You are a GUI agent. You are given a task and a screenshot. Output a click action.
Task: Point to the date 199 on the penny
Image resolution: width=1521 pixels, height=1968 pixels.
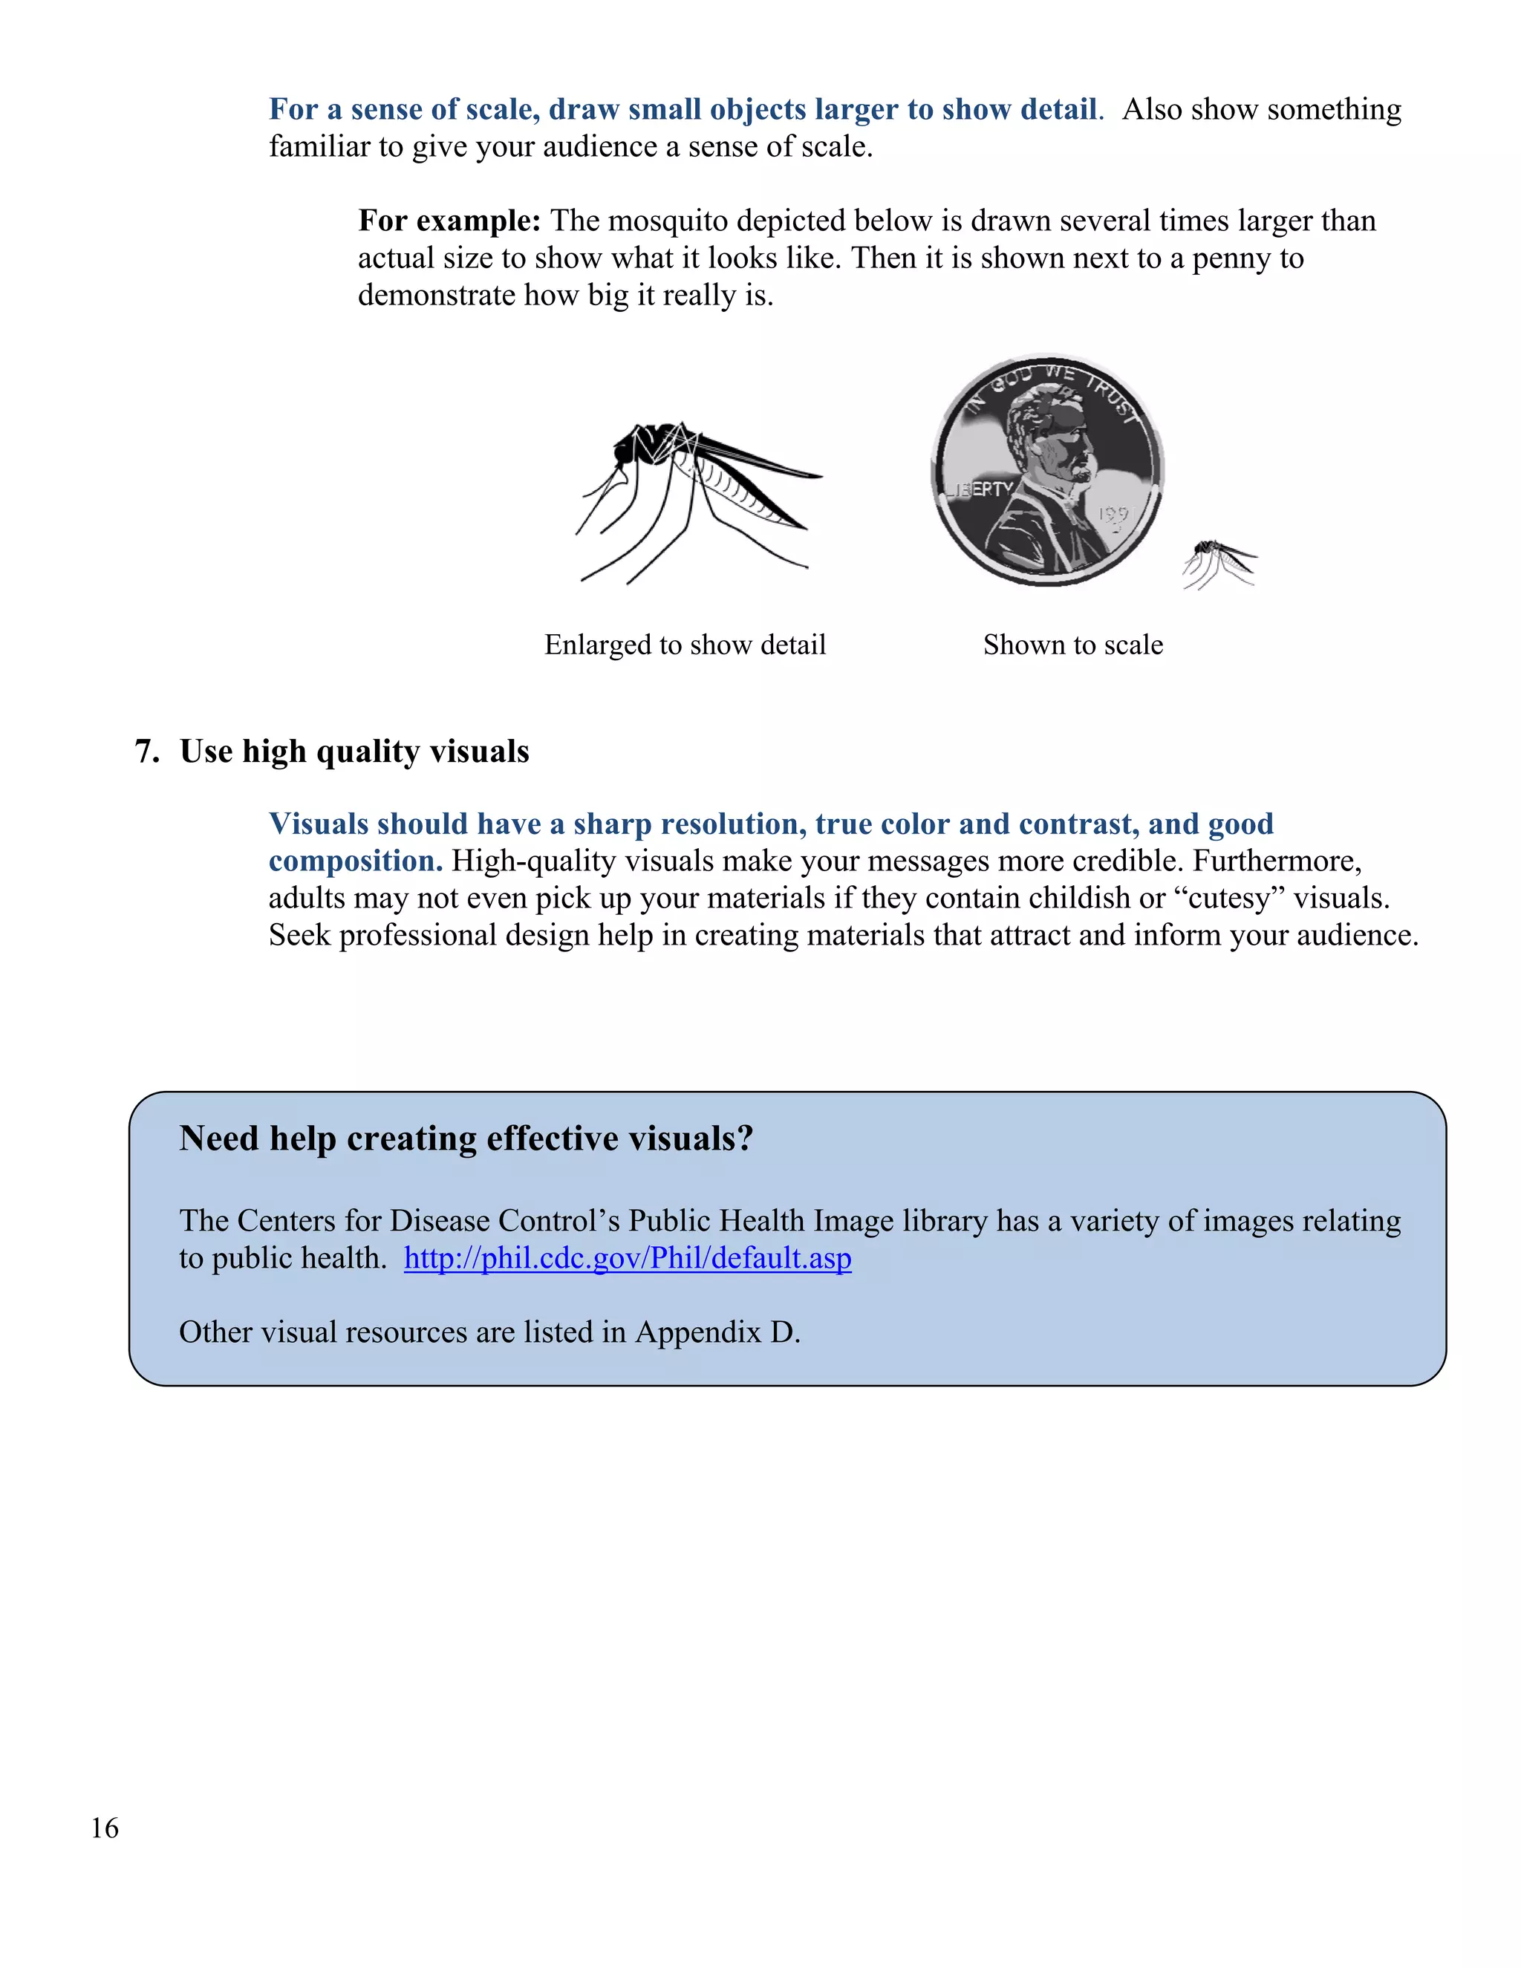pyautogui.click(x=1113, y=515)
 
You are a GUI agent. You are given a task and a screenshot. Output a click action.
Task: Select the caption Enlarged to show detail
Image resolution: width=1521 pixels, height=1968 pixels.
pyautogui.click(x=685, y=645)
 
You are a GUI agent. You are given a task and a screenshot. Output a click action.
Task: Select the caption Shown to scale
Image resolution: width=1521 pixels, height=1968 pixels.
pyautogui.click(x=1072, y=645)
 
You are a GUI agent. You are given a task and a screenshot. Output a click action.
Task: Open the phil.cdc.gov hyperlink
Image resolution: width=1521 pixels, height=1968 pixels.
pyautogui.click(x=627, y=1258)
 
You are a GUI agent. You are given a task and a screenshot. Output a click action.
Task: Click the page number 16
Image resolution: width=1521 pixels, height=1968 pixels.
pyautogui.click(x=105, y=1828)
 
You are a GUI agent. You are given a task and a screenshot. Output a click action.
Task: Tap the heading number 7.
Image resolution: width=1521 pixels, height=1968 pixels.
pyautogui.click(x=146, y=752)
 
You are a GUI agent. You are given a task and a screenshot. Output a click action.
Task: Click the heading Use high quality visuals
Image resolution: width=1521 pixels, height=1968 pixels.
pyautogui.click(x=354, y=752)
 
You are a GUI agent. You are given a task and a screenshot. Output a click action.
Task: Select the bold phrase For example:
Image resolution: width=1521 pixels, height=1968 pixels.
pyautogui.click(x=449, y=221)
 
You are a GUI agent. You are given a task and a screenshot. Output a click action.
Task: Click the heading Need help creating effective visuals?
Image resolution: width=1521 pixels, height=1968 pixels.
pyautogui.click(x=466, y=1139)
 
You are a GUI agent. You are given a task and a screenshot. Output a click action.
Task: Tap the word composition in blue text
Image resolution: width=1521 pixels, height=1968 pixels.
pyautogui.click(x=354, y=861)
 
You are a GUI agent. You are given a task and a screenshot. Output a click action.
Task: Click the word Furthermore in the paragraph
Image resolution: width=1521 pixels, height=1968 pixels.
pyautogui.click(x=1276, y=861)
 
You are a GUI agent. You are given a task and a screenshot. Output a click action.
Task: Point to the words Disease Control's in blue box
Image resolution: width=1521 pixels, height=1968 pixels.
pyautogui.click(x=504, y=1221)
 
